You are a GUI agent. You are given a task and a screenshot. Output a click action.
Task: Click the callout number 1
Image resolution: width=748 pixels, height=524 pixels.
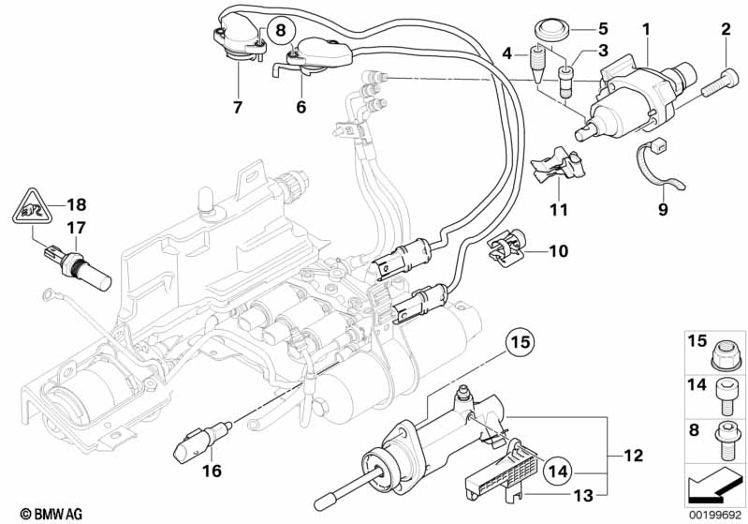[x=645, y=30]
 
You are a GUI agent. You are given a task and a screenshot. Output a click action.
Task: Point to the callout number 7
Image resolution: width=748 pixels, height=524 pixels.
[x=237, y=108]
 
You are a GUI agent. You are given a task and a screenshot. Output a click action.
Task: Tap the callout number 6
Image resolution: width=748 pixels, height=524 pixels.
[x=301, y=108]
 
